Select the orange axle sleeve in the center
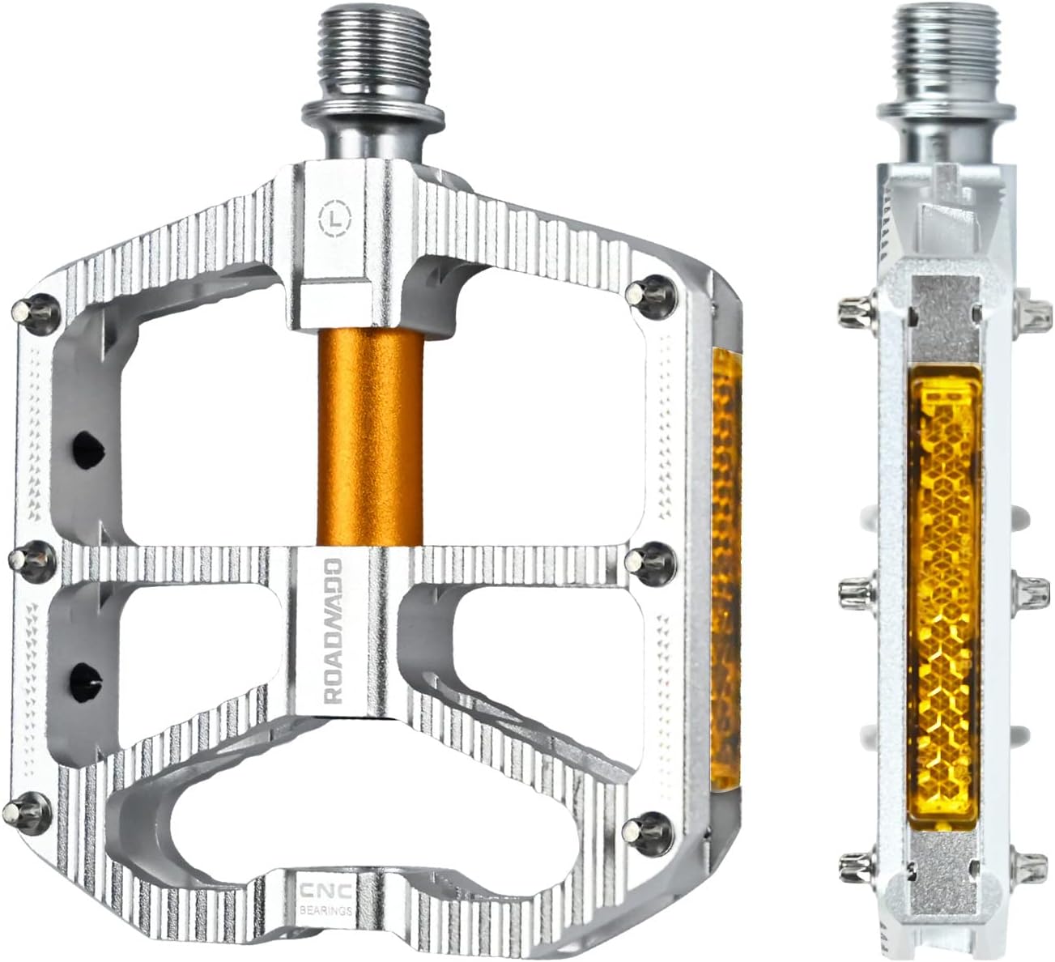tap(370, 436)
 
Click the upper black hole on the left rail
tap(85, 445)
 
